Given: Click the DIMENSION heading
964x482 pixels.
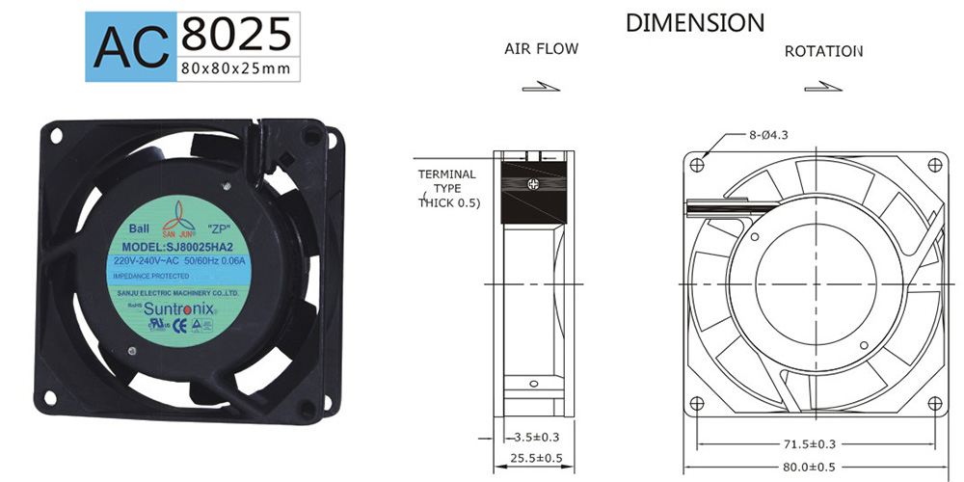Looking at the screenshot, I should tap(695, 22).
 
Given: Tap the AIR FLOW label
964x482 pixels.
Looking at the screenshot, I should tap(541, 48).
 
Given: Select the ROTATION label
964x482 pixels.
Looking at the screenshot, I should tap(822, 50).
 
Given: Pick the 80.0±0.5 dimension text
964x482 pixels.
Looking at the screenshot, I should tap(816, 469).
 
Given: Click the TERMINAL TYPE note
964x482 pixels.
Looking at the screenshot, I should tap(447, 188).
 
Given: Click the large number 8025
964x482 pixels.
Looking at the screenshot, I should tap(235, 34).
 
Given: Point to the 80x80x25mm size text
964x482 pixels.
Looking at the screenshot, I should tap(235, 68).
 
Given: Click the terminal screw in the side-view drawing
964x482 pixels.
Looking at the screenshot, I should tap(529, 182).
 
